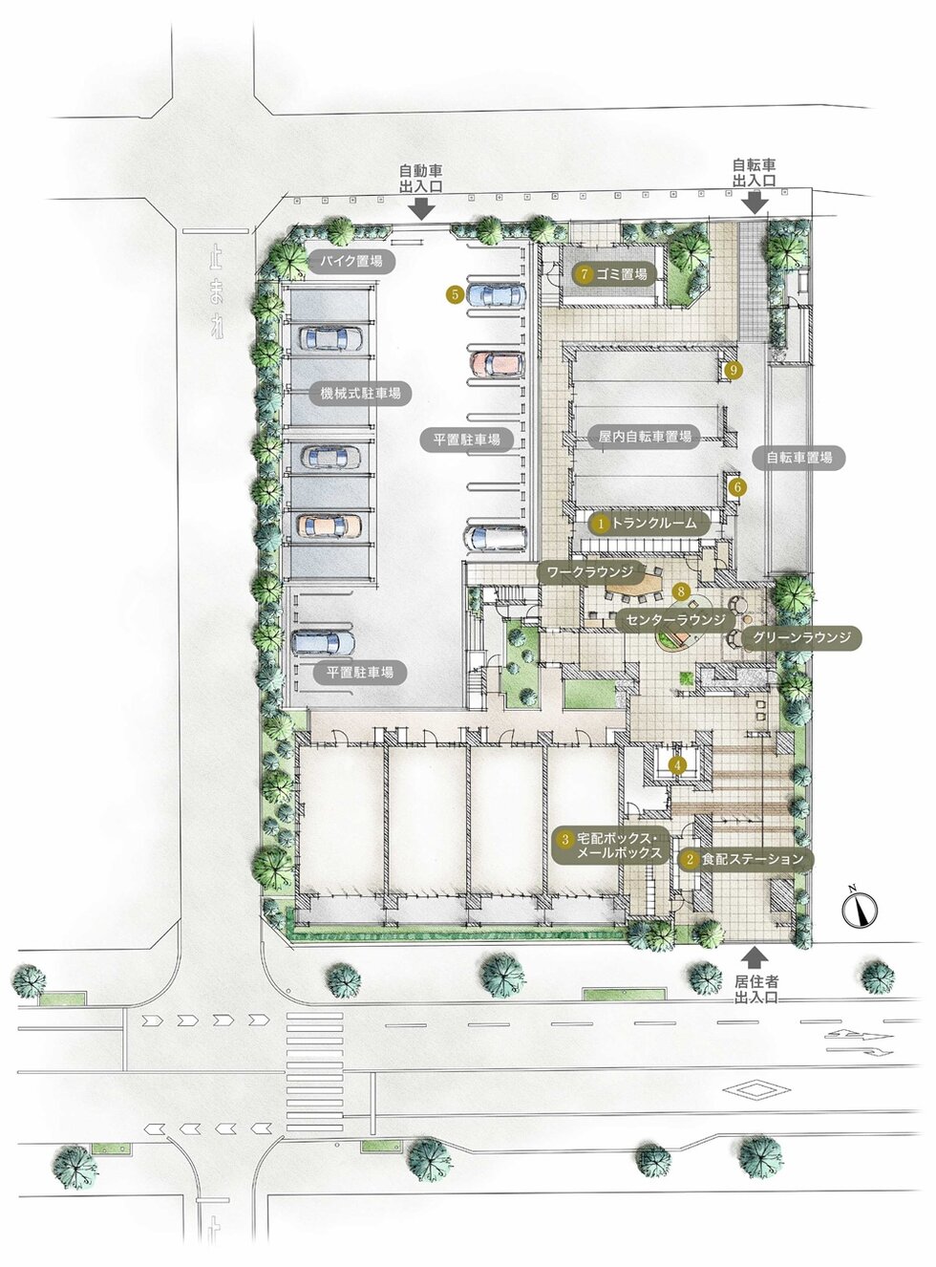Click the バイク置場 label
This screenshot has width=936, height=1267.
(351, 262)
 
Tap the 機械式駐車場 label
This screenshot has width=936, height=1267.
(360, 393)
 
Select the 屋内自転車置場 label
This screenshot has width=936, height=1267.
(645, 437)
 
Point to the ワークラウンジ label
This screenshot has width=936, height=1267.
(589, 571)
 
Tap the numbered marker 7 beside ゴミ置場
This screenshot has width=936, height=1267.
(585, 274)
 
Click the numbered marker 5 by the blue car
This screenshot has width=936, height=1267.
(456, 294)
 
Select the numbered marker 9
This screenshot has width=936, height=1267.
(734, 370)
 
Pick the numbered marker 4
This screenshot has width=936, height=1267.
(677, 765)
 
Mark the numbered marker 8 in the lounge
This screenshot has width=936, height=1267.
(681, 591)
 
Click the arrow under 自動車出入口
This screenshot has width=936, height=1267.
(422, 209)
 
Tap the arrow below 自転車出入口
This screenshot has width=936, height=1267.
(755, 203)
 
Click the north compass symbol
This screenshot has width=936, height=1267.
(860, 908)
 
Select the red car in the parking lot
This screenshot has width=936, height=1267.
(497, 364)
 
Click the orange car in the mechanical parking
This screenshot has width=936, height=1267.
(330, 526)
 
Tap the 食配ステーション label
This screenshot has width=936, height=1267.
(745, 859)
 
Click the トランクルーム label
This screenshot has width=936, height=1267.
(649, 523)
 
